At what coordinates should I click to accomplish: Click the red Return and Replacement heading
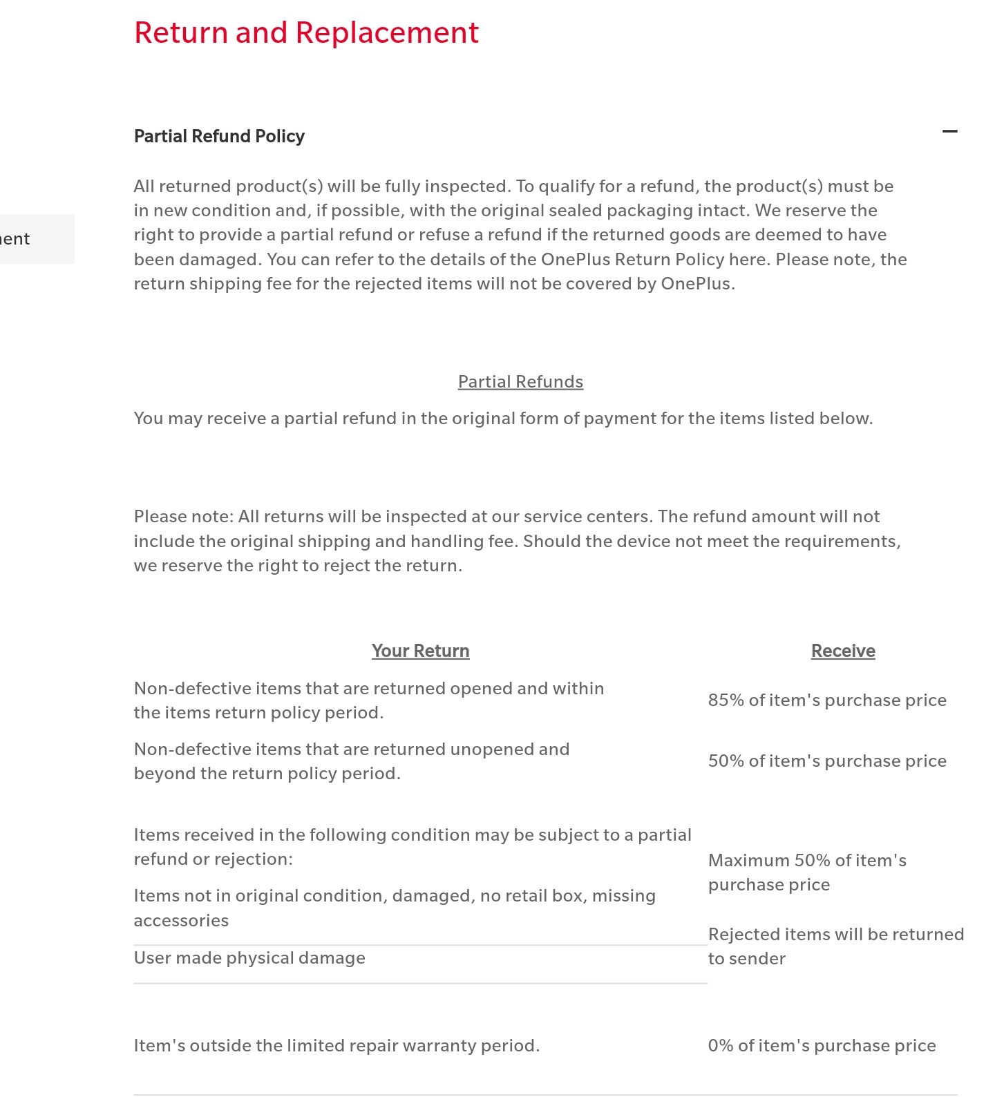tap(306, 32)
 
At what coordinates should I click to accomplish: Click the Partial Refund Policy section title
tap(219, 136)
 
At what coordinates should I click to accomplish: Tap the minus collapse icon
tap(950, 131)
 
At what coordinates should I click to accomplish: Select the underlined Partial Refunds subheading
tap(520, 382)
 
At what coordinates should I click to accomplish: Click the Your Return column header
tap(420, 651)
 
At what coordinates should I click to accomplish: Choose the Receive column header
tap(843, 651)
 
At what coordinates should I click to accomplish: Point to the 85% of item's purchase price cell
tap(827, 700)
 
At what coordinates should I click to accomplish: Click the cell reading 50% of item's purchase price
tap(827, 761)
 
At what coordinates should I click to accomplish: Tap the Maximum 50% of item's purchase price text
tap(807, 872)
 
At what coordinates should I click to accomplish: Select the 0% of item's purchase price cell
tap(822, 1046)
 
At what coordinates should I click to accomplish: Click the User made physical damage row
tap(249, 958)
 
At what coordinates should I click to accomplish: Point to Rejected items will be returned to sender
tap(835, 946)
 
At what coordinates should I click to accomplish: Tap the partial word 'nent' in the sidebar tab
tap(15, 239)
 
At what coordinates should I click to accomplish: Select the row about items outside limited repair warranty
tap(337, 1046)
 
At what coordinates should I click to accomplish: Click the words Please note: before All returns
tap(183, 517)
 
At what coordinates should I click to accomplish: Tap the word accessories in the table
tap(181, 921)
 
